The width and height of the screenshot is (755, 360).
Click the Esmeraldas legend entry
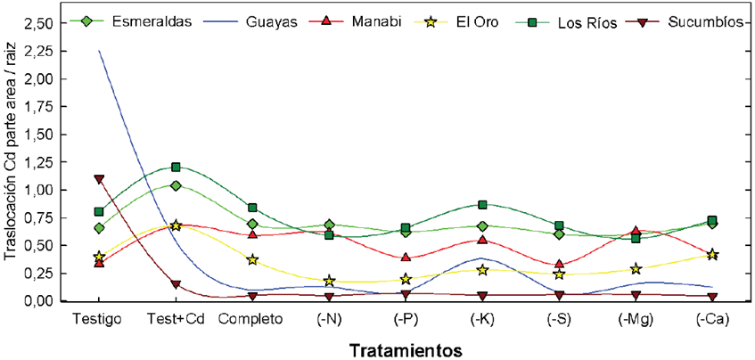coord(152,22)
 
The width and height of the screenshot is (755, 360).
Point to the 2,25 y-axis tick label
coord(42,51)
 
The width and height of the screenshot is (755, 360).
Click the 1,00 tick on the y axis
coord(42,190)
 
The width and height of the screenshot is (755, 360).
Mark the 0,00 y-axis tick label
coord(42,301)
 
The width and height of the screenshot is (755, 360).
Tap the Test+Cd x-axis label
coord(176,317)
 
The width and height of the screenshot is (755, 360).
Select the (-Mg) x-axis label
coord(636,317)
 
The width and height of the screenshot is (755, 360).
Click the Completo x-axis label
coord(252,317)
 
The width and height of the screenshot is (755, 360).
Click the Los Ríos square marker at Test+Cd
coord(176,167)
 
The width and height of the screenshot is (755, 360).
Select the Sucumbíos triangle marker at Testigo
coord(99,179)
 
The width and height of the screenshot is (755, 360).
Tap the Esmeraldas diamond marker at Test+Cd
coord(176,185)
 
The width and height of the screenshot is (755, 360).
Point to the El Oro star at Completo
coord(252,259)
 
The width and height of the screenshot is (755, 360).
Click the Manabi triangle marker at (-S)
coord(559,264)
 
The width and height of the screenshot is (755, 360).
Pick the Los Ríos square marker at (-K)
coord(482,205)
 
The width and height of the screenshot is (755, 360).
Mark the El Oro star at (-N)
coord(329,281)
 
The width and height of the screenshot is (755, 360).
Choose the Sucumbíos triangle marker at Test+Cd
coord(176,284)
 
